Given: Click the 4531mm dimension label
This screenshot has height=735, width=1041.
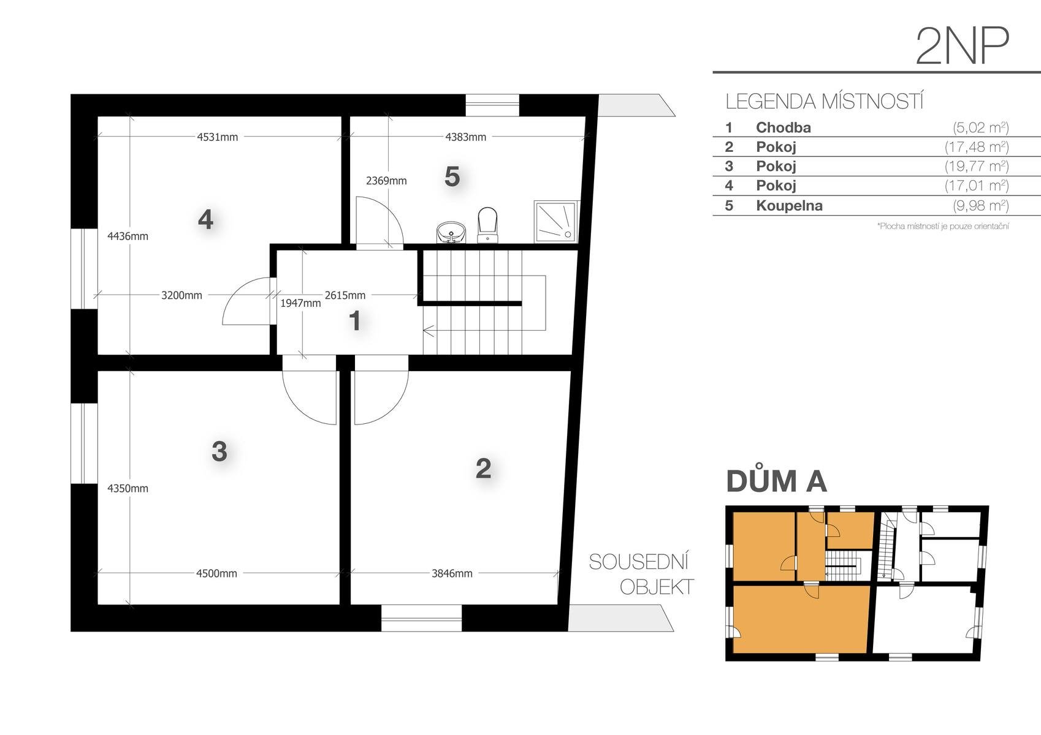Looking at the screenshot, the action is click(x=218, y=137).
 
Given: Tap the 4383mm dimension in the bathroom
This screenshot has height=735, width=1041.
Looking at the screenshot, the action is click(x=466, y=137).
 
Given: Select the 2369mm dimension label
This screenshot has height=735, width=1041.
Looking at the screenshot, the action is click(x=386, y=181).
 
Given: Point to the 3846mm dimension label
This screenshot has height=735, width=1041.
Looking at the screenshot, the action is click(x=452, y=573).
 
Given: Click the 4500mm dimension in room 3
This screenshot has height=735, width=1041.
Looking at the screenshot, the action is click(x=216, y=573).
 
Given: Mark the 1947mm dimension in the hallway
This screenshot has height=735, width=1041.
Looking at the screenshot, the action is click(x=300, y=303).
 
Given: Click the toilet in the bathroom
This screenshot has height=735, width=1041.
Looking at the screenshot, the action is click(x=487, y=225).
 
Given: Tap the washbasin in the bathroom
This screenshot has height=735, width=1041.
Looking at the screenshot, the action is click(x=451, y=233).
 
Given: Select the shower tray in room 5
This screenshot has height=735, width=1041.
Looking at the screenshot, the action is click(x=556, y=222).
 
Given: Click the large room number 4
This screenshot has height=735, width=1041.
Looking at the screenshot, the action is click(x=205, y=219).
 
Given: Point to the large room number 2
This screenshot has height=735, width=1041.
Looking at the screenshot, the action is click(x=483, y=469).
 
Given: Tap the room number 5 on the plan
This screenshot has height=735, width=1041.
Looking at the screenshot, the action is click(x=452, y=176).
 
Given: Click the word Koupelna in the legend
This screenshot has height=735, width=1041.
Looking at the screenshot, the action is click(x=789, y=206).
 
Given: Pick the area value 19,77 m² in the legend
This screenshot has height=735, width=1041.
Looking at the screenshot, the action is click(x=977, y=166).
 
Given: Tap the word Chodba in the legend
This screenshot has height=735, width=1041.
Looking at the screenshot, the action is click(x=784, y=127).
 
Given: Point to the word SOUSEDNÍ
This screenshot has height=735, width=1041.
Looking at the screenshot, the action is click(x=639, y=562).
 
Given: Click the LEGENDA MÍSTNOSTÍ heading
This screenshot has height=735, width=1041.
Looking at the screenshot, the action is click(x=825, y=101).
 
